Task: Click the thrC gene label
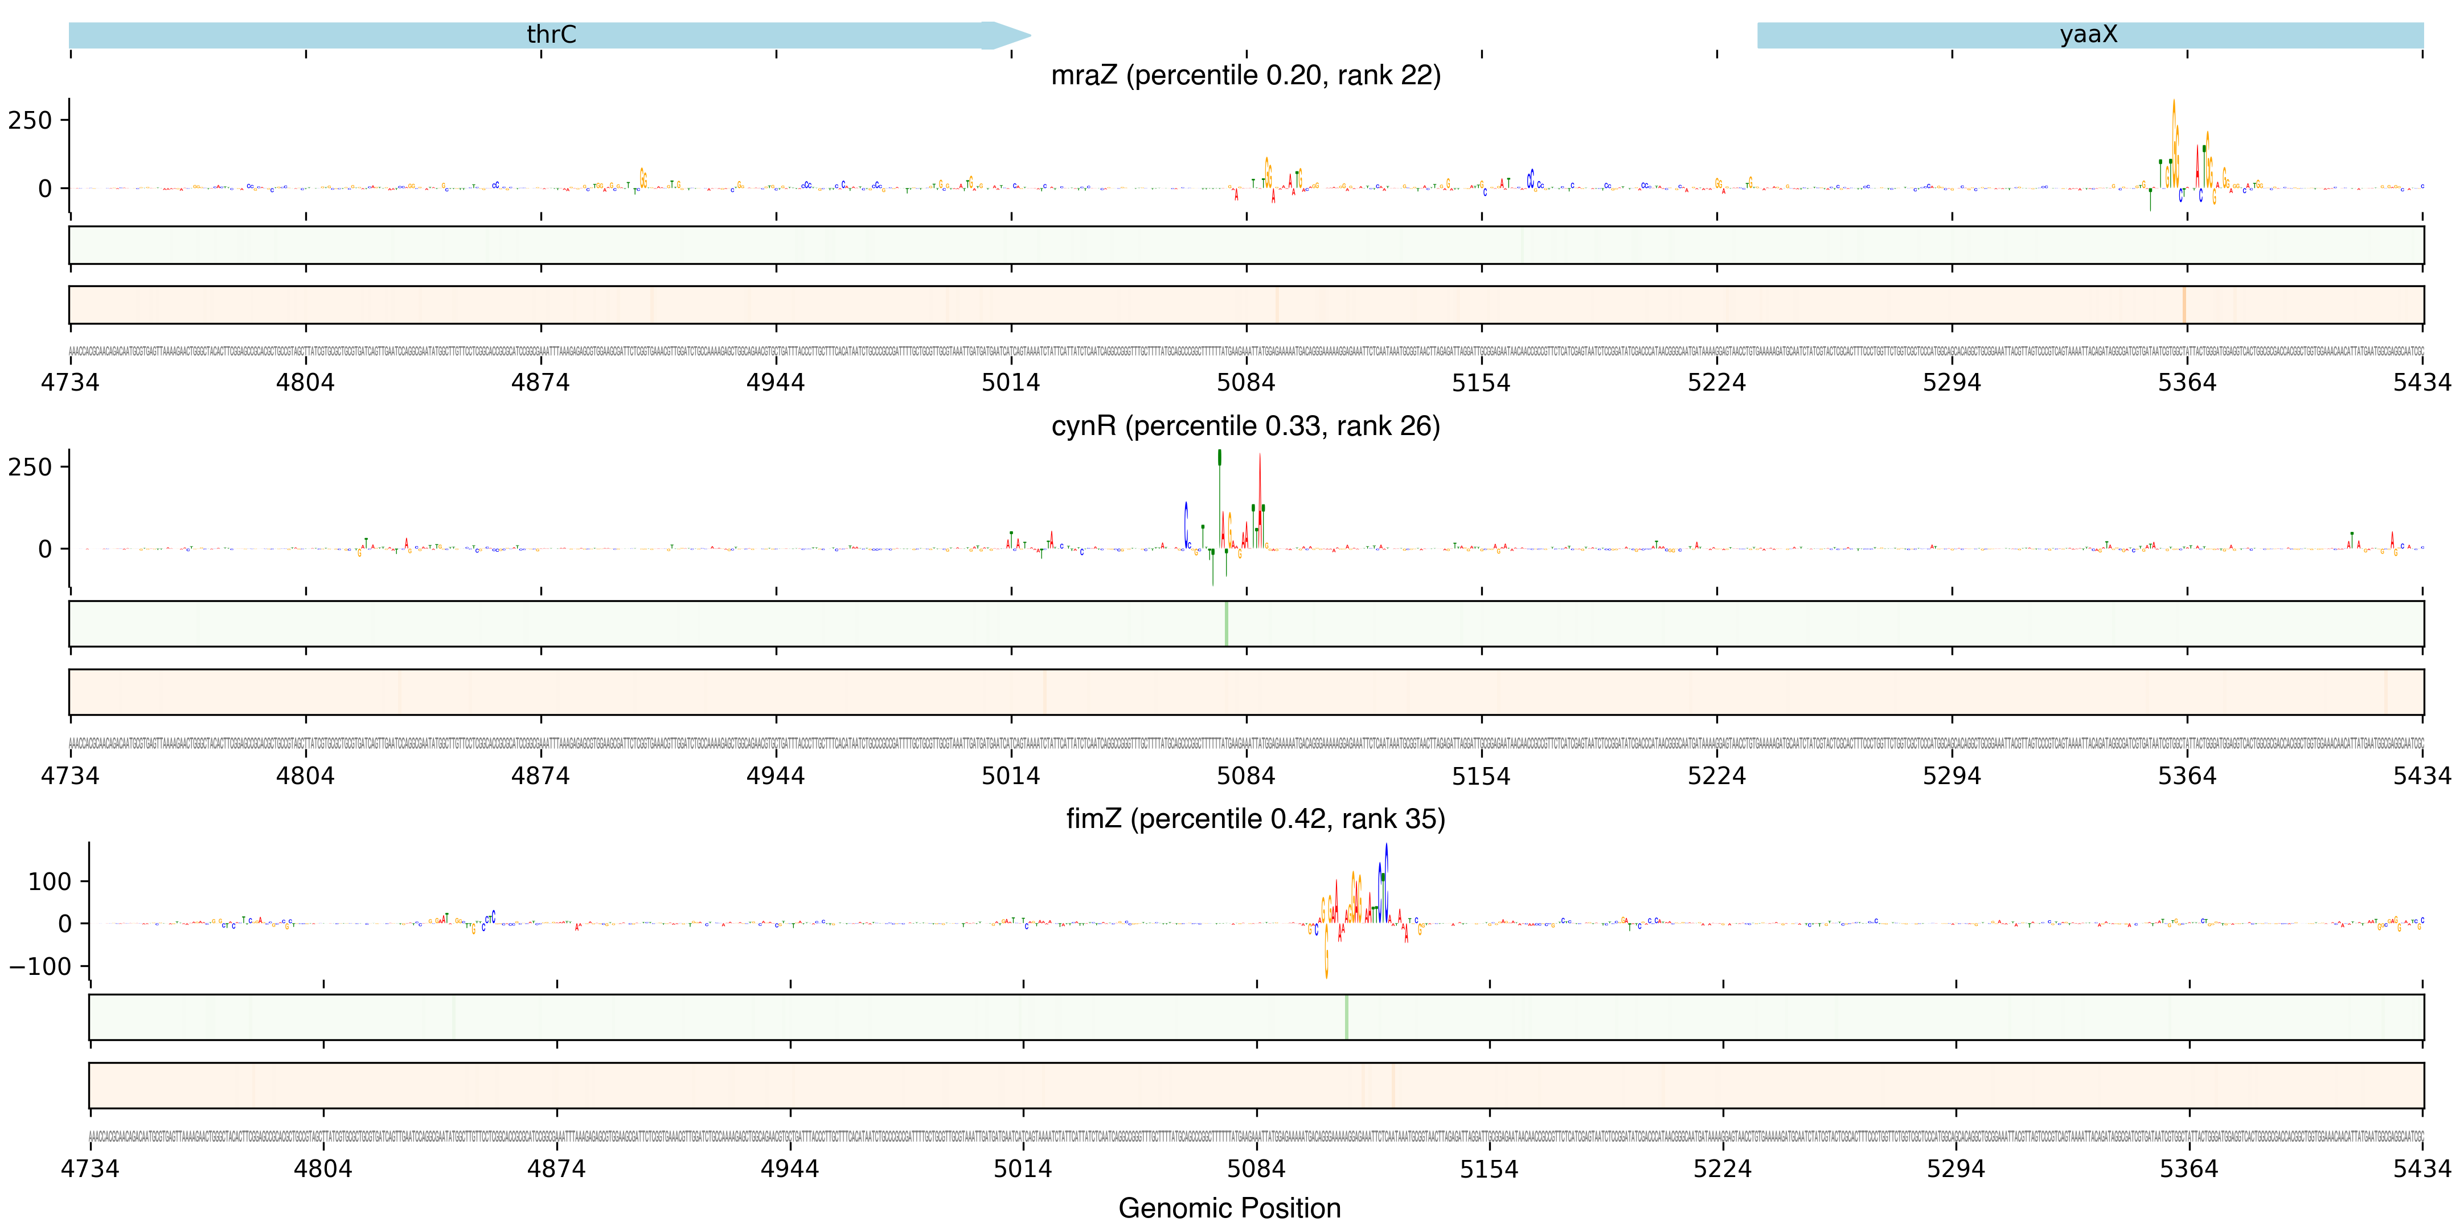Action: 551,34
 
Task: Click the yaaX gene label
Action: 2089,34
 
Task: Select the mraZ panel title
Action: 1245,75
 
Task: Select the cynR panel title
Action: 1245,426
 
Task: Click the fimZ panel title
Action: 1255,819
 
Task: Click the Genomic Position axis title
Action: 1229,1208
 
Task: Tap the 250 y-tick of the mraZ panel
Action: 31,120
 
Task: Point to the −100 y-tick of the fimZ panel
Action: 40,966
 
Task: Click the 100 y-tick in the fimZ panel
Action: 50,881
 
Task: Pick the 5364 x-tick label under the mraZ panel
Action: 2187,383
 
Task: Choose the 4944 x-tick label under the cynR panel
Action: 776,776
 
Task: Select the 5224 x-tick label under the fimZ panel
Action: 1723,1169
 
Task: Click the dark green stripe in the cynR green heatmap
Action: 1226,624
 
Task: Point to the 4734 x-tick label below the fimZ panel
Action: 90,1169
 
